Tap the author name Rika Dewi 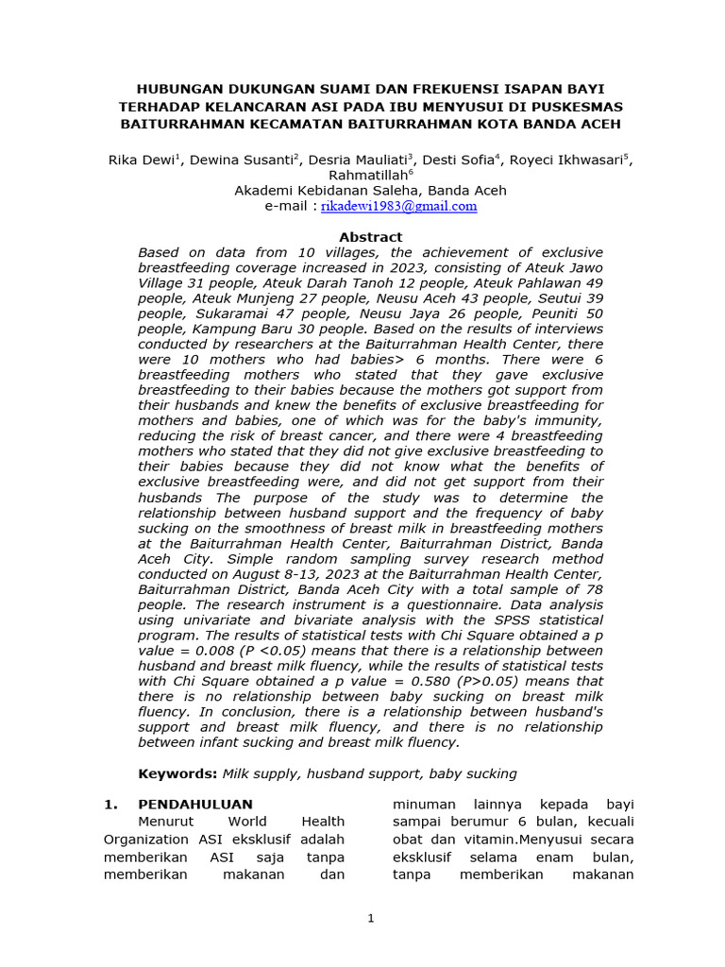click(141, 161)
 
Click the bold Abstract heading click(370, 237)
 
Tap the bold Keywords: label click(177, 773)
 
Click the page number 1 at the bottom click(371, 917)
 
